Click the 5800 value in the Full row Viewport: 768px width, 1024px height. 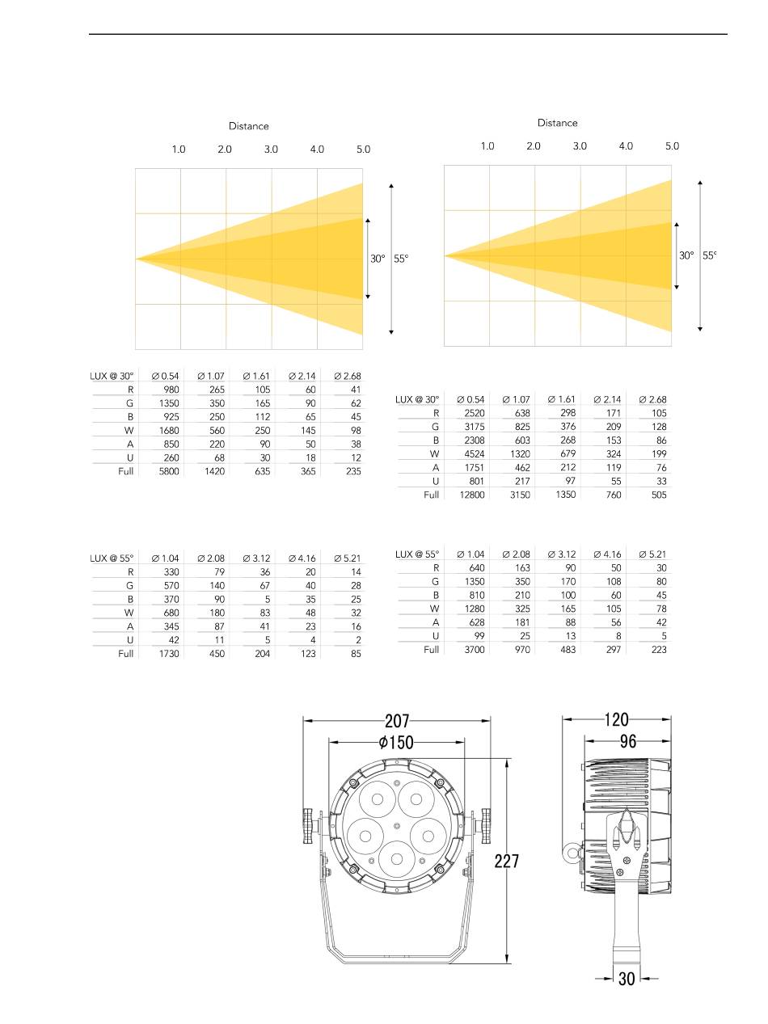pos(168,471)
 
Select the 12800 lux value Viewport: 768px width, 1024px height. pos(472,495)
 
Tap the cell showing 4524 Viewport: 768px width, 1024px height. pos(474,453)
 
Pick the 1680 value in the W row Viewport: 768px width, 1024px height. pos(169,430)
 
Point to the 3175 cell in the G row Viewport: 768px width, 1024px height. pos(474,427)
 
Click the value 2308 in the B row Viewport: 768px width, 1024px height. pos(474,440)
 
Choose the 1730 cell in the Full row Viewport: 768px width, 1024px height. pos(169,654)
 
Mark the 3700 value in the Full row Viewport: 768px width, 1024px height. pos(474,649)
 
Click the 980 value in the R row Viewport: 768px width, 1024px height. pos(171,389)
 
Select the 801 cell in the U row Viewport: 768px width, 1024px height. pos(476,481)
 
